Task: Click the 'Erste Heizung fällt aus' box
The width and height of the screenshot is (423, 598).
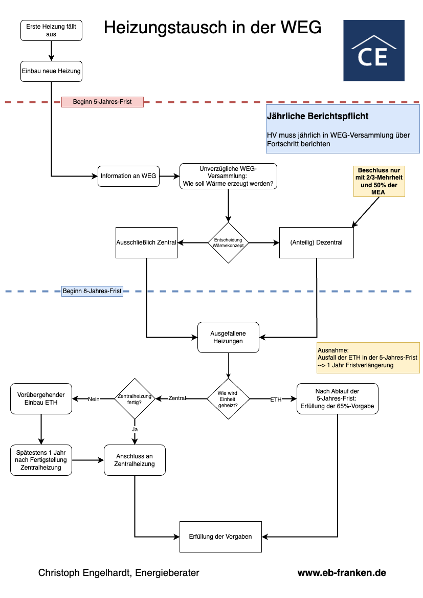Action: (x=51, y=31)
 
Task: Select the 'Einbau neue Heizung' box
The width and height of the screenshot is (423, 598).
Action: (x=51, y=71)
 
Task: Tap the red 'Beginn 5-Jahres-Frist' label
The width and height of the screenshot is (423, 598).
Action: (x=103, y=102)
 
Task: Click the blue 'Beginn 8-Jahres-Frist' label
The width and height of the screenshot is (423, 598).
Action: (x=92, y=291)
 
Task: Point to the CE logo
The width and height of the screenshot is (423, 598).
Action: (x=374, y=50)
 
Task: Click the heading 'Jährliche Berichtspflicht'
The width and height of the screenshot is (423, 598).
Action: (x=318, y=116)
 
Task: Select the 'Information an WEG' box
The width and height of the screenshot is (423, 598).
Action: (x=128, y=176)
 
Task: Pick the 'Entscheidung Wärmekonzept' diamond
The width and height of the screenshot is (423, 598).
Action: (x=228, y=243)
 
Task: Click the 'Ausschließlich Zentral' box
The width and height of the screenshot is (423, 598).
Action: (x=146, y=242)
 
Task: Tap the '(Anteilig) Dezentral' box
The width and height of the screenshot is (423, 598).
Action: (x=317, y=242)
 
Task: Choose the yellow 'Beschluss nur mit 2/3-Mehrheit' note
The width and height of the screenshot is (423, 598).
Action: (x=379, y=181)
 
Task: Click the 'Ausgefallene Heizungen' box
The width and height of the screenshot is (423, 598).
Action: (x=228, y=338)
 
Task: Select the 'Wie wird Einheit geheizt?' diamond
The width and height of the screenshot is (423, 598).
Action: (x=228, y=399)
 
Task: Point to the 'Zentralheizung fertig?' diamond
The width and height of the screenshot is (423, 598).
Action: (x=135, y=399)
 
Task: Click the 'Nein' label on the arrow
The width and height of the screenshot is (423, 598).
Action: (x=94, y=400)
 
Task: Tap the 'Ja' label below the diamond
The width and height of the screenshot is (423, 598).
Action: (x=135, y=429)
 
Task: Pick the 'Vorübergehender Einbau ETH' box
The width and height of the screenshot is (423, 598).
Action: (x=41, y=399)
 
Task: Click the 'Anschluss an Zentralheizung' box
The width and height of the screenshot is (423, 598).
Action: (x=135, y=460)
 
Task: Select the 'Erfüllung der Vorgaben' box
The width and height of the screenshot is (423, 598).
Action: (x=220, y=537)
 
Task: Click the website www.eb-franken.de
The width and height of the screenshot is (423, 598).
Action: (x=342, y=573)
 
